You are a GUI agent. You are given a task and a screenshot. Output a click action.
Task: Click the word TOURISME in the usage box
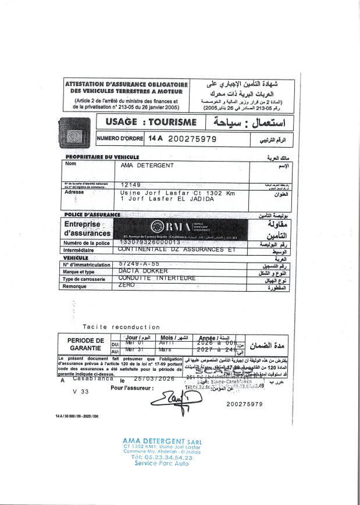[172, 122]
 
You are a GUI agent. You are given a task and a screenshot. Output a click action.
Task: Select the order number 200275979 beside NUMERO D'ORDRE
[192, 139]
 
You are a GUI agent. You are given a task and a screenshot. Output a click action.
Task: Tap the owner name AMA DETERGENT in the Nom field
[147, 166]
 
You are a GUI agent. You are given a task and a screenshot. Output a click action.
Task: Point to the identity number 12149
[131, 185]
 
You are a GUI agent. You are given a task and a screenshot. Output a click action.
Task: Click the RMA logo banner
[181, 229]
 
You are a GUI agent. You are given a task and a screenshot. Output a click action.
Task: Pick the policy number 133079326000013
[150, 242]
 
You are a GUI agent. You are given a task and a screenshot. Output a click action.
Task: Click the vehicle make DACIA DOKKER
[143, 271]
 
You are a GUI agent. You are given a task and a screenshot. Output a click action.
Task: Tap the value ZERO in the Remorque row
[126, 285]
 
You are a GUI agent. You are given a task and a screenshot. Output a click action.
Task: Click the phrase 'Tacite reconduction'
[121, 327]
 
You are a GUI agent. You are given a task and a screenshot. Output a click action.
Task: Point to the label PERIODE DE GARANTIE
[85, 344]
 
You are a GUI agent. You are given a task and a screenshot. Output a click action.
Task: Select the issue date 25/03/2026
[154, 379]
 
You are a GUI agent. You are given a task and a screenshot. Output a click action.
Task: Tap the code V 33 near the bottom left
[81, 392]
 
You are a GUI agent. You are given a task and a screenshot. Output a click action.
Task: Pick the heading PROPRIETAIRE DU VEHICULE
[102, 157]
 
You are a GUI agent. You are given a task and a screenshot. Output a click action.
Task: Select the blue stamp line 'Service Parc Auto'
[161, 463]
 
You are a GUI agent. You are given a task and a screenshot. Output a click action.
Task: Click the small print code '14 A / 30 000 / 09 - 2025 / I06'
[77, 416]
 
